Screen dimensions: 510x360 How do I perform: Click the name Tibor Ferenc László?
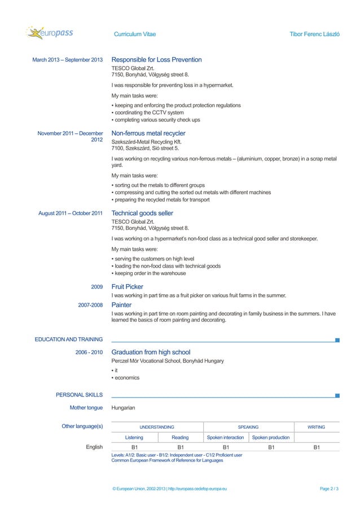pos(314,34)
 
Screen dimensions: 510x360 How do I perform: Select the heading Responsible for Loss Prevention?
pos(156,60)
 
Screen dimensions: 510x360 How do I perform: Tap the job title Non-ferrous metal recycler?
pos(148,133)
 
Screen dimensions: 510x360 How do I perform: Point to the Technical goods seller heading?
pos(142,213)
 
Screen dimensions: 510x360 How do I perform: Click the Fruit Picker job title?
pos(128,287)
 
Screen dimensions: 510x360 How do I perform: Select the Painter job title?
pos(122,305)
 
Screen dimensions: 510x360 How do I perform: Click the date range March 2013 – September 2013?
pos(68,60)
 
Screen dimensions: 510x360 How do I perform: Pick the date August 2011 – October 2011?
pos(71,213)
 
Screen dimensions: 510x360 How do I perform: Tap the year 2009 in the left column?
pos(96,287)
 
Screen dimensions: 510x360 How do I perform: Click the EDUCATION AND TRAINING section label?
pos(69,339)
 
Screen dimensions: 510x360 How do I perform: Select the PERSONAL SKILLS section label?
pos(79,395)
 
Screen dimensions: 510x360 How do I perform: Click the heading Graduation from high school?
pos(151,352)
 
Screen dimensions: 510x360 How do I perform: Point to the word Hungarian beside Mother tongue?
pos(124,407)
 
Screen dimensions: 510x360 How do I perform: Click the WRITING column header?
pos(316,427)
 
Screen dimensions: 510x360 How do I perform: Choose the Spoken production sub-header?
pos(271,437)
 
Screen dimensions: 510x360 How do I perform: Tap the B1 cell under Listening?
pos(134,447)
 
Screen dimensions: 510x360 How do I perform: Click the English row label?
pos(94,447)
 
